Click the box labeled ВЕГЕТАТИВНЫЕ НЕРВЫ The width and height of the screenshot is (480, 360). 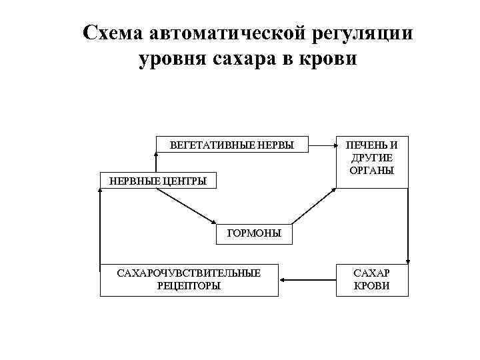coord(232,144)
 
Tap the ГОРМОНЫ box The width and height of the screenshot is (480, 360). coord(254,233)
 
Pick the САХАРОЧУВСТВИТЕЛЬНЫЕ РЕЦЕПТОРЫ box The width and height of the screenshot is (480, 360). coord(189,279)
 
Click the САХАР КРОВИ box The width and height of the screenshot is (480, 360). coord(371,279)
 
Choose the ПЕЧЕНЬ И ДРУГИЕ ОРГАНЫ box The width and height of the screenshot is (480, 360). coord(371,157)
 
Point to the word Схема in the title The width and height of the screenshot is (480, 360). coord(114,33)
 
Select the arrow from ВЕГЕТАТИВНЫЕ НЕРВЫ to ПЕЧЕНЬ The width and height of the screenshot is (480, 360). coord(323,144)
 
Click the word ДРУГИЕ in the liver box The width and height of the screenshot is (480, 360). coord(371,157)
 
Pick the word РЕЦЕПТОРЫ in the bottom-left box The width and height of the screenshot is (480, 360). coord(189,285)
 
